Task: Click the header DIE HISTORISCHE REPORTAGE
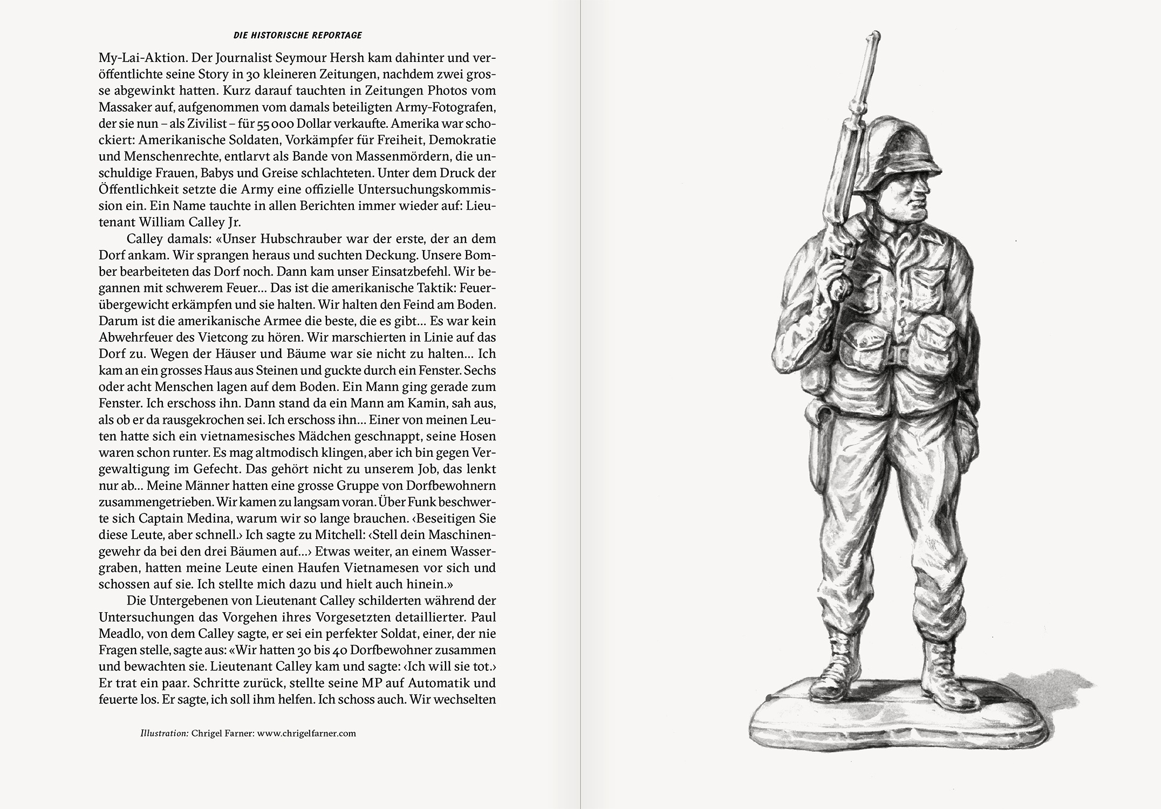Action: point(297,36)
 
